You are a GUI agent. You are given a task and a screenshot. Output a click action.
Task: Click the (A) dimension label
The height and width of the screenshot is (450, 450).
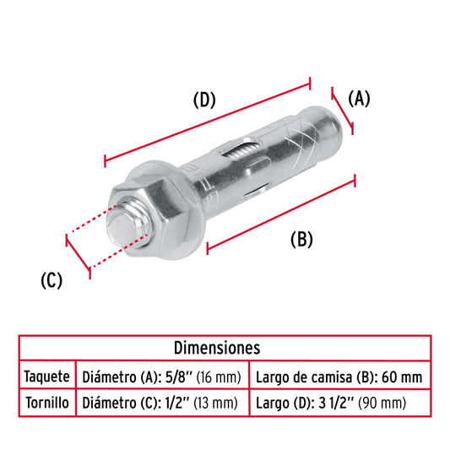[360, 99]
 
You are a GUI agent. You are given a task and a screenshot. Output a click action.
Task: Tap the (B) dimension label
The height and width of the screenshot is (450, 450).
[301, 239]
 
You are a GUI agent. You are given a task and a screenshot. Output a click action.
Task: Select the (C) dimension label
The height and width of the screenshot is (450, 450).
[52, 281]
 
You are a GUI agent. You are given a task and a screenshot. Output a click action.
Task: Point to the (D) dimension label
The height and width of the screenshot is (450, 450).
[203, 100]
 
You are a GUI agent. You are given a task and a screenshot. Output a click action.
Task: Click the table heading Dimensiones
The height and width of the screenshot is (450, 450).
[216, 347]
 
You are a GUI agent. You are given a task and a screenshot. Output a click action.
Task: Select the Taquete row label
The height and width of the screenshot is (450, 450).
[46, 377]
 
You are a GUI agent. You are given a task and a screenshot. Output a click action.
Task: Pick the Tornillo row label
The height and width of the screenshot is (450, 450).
[46, 403]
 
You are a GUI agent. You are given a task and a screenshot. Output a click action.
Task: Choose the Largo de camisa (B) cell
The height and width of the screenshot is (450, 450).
[338, 377]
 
